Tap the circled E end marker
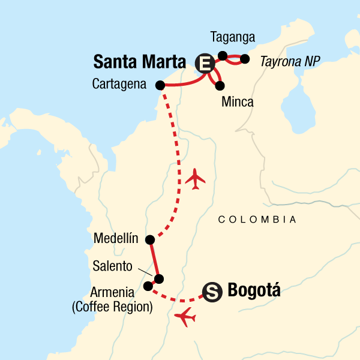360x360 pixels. tap(205, 62)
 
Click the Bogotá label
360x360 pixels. tap(254, 292)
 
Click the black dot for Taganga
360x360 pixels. tap(223, 56)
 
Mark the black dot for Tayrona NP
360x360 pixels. tap(244, 59)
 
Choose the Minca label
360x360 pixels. tap(237, 102)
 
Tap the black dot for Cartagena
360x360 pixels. tap(160, 85)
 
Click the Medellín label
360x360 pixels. tap(116, 239)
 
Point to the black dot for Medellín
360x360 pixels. tap(150, 240)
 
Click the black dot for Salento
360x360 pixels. tap(158, 278)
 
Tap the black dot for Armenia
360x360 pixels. tap(148, 286)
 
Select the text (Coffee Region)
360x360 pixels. tap(112, 307)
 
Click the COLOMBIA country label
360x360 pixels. tap(257, 220)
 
